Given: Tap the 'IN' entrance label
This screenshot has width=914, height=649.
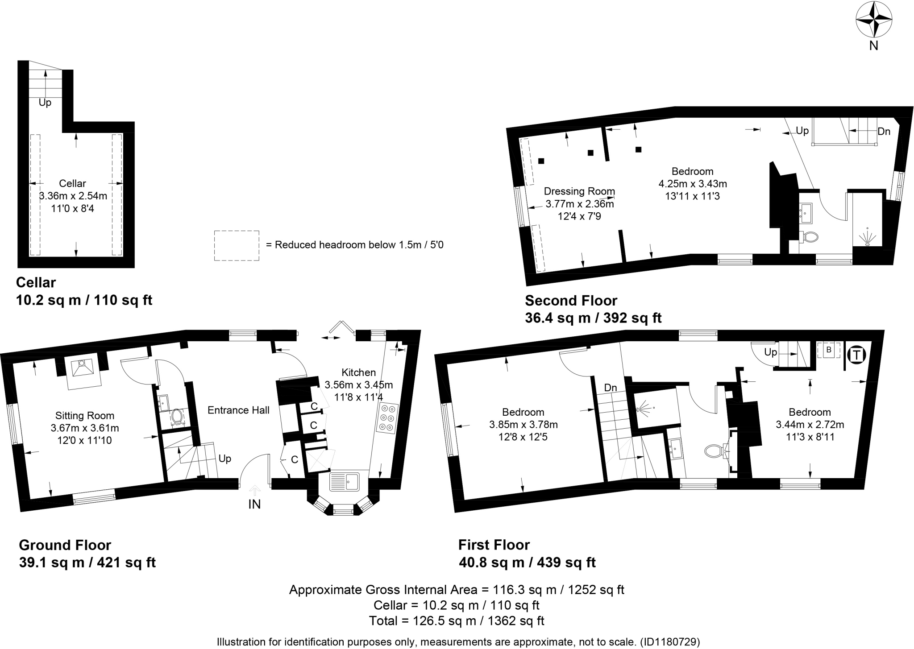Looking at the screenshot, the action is click(254, 504).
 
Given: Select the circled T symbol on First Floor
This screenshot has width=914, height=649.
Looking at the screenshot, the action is click(856, 355).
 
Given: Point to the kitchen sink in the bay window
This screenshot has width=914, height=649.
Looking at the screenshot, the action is click(344, 482).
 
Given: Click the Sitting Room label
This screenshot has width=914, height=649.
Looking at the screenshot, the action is click(85, 416).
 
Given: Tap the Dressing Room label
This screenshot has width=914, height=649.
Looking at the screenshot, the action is click(579, 191).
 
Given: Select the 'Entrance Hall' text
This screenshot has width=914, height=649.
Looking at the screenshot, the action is click(238, 410).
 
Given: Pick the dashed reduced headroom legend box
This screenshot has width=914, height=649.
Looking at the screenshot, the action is click(237, 245).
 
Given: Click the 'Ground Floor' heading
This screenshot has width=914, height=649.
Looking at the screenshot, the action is click(65, 545).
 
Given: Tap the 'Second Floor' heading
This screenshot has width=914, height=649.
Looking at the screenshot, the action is click(571, 300).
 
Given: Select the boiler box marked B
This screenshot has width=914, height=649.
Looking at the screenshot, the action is click(829, 350).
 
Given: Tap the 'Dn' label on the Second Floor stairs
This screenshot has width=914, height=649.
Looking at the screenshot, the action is click(884, 131).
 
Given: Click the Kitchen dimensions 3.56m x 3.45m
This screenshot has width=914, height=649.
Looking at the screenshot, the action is click(358, 385).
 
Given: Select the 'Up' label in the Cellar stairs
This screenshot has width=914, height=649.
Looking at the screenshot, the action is click(45, 103).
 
